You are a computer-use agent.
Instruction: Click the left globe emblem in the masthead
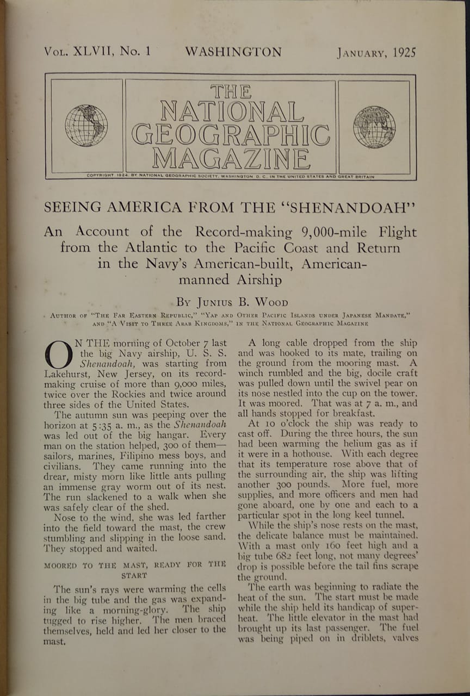[86, 126]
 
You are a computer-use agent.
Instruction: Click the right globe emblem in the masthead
[374, 127]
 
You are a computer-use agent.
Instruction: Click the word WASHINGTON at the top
[233, 52]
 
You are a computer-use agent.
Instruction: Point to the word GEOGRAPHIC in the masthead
[231, 135]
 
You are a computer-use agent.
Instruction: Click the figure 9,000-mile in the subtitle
[331, 232]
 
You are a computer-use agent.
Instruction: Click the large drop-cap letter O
[56, 355]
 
